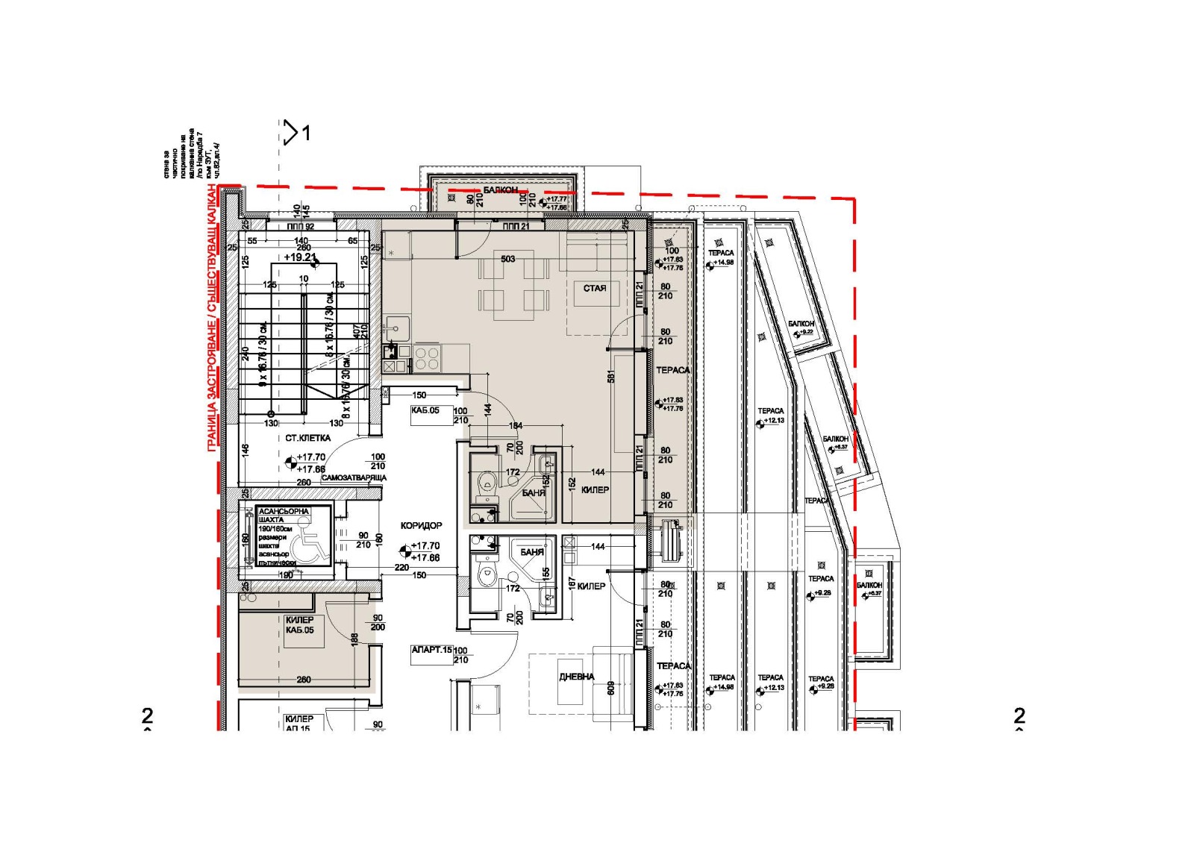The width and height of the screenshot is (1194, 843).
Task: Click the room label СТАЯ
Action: (595, 288)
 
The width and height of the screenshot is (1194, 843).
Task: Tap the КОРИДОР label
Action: (422, 526)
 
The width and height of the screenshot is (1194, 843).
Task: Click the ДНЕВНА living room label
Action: (577, 677)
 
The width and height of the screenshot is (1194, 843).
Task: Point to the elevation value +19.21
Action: (300, 257)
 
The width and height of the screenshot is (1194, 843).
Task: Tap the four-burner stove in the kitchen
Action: (428, 359)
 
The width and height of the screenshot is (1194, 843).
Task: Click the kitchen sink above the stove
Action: (396, 325)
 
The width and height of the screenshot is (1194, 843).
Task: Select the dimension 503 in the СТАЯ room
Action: (507, 260)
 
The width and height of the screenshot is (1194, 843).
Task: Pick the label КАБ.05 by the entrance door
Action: (425, 410)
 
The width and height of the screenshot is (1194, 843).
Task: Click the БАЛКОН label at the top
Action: (500, 191)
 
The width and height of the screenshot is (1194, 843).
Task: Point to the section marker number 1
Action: (306, 134)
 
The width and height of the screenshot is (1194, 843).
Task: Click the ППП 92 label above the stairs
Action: (301, 227)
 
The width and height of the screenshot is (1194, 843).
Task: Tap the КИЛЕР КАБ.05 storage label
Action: (299, 625)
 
